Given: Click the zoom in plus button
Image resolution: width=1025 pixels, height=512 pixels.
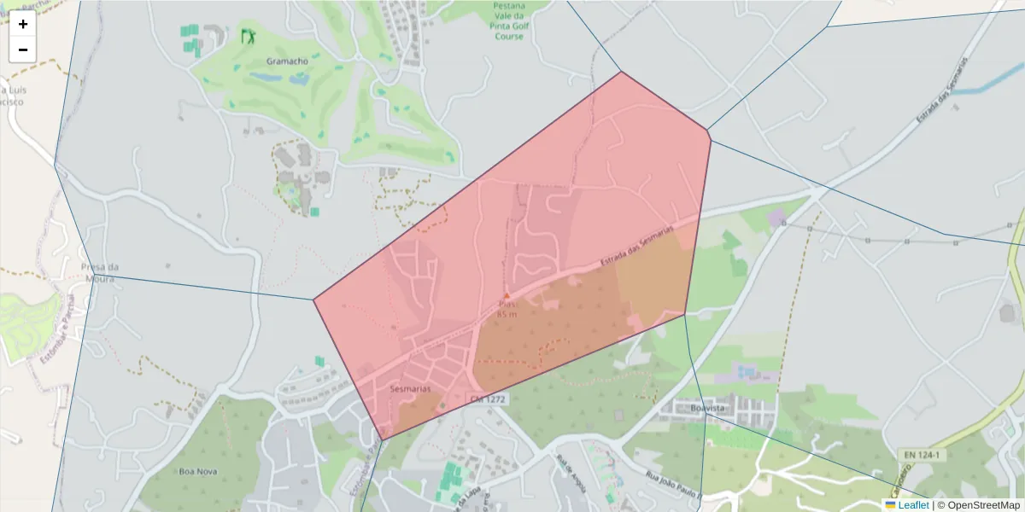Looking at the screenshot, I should coord(23,24).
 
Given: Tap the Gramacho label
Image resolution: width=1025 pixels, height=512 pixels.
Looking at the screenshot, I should coord(287,61).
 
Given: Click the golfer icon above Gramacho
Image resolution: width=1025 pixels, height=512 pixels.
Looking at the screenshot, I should coord(249,36).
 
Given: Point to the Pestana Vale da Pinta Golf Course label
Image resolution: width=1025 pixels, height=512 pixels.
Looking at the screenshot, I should coord(509,20).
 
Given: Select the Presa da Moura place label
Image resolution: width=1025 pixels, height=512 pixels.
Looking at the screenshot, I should coord(99,271).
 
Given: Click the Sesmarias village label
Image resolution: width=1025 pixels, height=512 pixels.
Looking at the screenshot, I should coord(410,388).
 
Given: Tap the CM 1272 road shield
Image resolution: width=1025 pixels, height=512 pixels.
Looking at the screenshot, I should coord(487,399).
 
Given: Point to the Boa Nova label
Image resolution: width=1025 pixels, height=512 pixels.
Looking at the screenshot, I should coord(198,471).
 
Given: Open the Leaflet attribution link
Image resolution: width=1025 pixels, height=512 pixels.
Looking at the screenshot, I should coord(913,505).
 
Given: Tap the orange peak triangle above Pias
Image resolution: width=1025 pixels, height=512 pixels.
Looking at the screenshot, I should coord(507,296).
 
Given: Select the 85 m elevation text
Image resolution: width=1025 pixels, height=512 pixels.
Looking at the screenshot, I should coord(507,314).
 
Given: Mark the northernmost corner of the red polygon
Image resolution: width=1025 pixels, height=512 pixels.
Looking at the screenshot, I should coord(622,72).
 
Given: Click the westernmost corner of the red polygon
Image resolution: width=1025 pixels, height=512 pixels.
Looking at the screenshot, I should coord(313,300).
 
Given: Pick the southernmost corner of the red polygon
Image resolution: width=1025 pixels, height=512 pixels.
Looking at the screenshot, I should coord(381,440).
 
